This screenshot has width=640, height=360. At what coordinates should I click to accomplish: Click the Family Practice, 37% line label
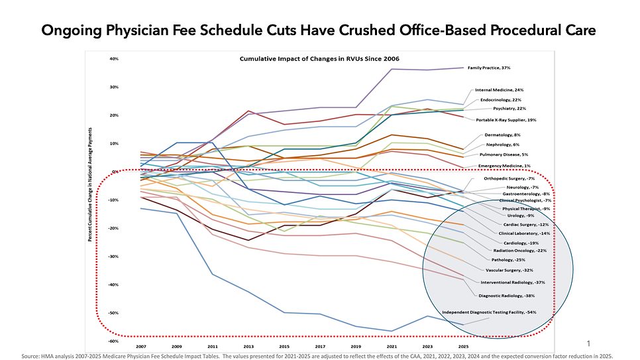click(x=489, y=68)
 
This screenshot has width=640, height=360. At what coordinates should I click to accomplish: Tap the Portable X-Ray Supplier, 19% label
click(x=506, y=120)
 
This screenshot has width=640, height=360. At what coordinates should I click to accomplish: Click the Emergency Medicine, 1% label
click(x=506, y=165)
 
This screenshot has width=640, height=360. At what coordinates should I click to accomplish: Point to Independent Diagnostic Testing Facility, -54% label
click(x=489, y=312)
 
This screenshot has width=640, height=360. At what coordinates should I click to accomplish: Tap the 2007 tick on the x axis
click(x=140, y=347)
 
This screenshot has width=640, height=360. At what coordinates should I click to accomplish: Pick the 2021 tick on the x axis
click(x=392, y=347)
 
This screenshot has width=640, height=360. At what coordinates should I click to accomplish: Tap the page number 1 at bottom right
click(x=588, y=343)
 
